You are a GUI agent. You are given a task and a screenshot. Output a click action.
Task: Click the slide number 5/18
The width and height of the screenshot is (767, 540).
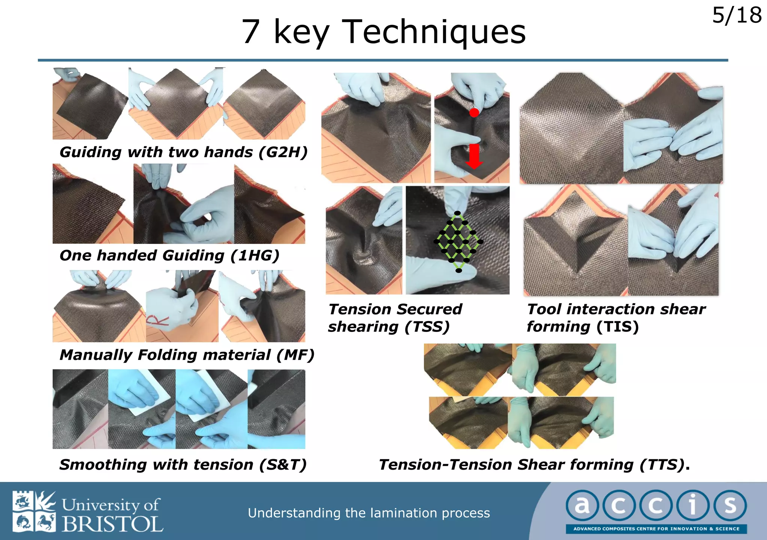point(736,16)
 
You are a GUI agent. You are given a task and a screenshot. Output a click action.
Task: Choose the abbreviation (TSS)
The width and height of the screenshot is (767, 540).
point(427,327)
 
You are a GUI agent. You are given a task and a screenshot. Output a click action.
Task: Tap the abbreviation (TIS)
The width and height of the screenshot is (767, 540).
point(618,327)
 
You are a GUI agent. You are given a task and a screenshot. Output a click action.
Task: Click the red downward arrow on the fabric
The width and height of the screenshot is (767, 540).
point(474,156)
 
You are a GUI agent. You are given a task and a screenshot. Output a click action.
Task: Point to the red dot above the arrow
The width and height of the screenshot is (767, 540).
point(474,112)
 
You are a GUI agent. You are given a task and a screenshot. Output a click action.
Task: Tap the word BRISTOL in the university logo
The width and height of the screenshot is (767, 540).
point(112,524)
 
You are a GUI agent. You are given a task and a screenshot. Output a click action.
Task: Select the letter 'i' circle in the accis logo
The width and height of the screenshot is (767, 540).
point(693,506)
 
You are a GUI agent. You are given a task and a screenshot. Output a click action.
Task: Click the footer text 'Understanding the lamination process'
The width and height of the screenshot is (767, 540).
point(369,513)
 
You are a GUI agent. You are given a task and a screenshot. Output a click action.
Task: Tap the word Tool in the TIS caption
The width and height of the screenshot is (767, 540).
point(545,309)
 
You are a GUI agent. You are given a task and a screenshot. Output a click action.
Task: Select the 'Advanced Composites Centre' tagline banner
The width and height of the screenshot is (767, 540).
point(656,529)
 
